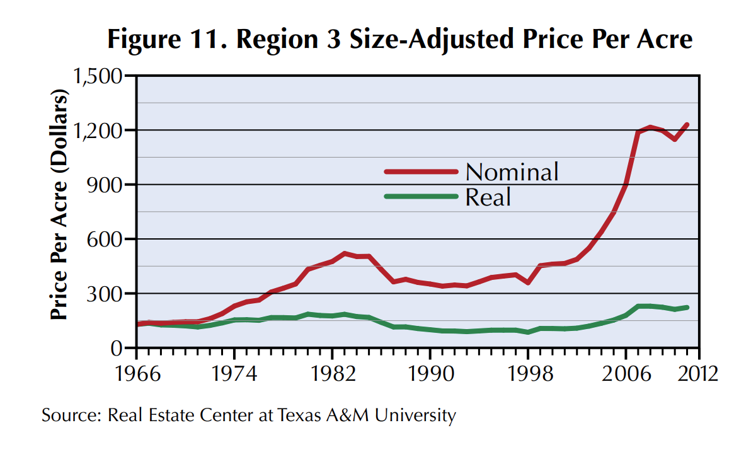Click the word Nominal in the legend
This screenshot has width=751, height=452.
coord(512,171)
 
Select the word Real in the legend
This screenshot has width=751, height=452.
coord(488,197)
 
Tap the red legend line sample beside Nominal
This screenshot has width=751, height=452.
coord(420,171)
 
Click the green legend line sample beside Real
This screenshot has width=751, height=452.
coord(420,197)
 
